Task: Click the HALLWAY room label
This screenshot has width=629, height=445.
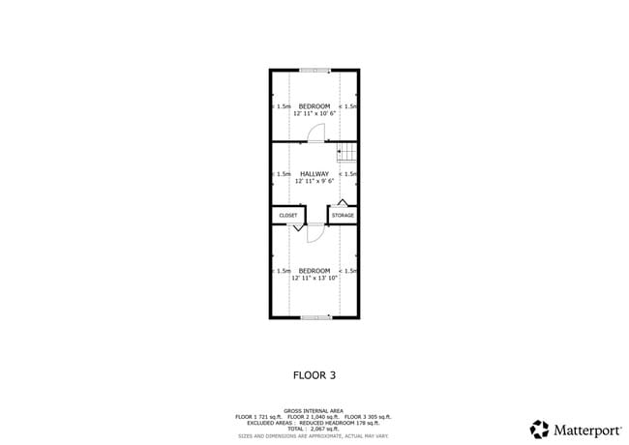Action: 314,174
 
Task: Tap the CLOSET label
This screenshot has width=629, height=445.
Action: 288,215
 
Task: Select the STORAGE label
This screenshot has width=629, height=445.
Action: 344,215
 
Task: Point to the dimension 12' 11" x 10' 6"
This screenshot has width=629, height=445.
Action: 314,113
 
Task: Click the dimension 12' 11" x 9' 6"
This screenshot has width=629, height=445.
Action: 314,181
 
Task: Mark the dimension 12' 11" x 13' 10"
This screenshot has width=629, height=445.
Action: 314,278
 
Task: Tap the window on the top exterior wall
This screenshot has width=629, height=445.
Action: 314,70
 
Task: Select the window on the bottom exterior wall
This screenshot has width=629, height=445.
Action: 314,317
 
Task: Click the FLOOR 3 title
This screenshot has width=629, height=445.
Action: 314,373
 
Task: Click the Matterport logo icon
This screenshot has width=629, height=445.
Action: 539,428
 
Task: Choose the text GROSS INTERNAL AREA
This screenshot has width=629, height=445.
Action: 314,411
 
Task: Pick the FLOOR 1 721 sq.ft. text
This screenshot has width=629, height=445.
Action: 260,417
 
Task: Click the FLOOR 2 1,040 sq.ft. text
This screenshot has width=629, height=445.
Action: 314,417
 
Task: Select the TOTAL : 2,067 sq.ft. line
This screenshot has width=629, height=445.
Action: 314,429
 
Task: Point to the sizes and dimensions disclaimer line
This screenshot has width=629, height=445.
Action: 314,434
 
